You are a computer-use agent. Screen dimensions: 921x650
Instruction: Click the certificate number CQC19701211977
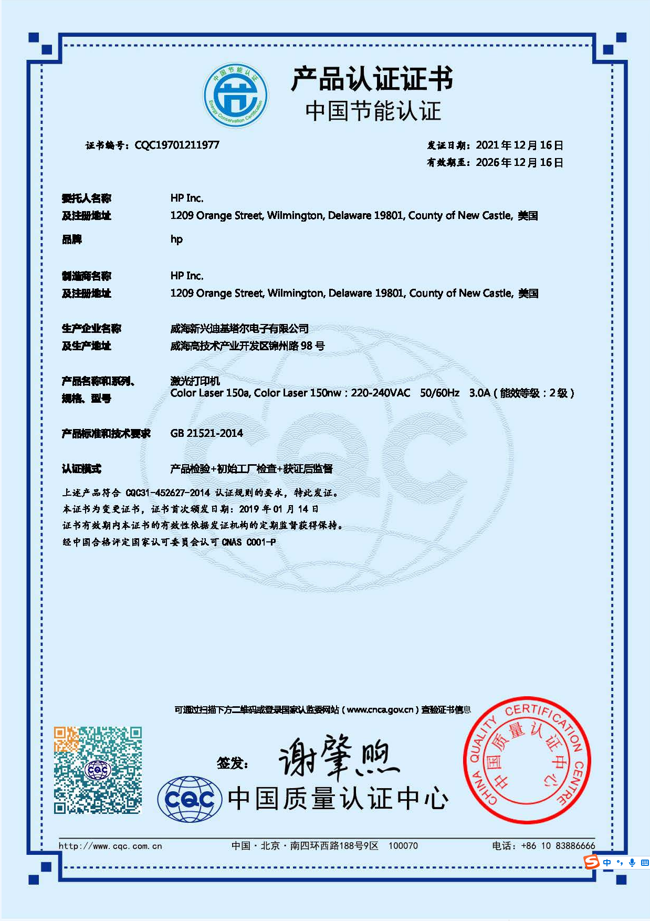[177, 145]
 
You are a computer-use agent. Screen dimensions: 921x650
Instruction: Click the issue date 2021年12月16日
[519, 145]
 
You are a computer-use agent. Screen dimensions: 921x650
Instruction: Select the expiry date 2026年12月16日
[519, 163]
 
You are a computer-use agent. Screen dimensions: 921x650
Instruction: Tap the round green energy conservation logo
[236, 96]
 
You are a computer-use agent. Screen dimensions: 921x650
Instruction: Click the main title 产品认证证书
[372, 79]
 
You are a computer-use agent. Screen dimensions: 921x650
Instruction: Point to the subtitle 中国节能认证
[373, 111]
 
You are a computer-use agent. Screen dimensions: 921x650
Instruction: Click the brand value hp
[176, 239]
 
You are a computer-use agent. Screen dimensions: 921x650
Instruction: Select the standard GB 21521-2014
[206, 434]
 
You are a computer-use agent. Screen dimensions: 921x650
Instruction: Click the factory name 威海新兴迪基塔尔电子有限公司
[239, 329]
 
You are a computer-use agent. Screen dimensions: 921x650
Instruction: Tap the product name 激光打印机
[195, 381]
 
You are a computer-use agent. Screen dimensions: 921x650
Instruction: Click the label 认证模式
[81, 469]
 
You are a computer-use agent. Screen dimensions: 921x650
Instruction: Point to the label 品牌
[72, 239]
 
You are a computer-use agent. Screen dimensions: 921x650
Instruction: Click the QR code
[98, 770]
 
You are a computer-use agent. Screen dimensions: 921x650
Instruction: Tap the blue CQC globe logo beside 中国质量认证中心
[190, 799]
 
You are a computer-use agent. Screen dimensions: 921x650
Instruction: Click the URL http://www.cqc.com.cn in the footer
[110, 846]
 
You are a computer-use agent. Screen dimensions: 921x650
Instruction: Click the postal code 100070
[403, 846]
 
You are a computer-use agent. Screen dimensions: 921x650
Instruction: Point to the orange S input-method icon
[592, 862]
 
